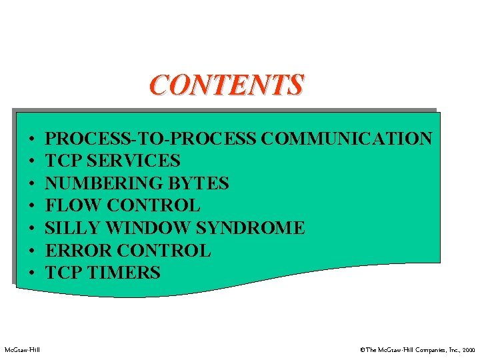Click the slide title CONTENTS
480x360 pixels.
227,85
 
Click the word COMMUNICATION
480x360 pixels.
347,139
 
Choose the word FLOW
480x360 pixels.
70,205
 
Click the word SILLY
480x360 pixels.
72,228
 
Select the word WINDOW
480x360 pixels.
147,228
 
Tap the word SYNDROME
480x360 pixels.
251,228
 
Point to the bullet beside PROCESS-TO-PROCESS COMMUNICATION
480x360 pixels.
31,140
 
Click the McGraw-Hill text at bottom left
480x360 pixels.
22,349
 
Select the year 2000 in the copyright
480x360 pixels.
469,349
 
